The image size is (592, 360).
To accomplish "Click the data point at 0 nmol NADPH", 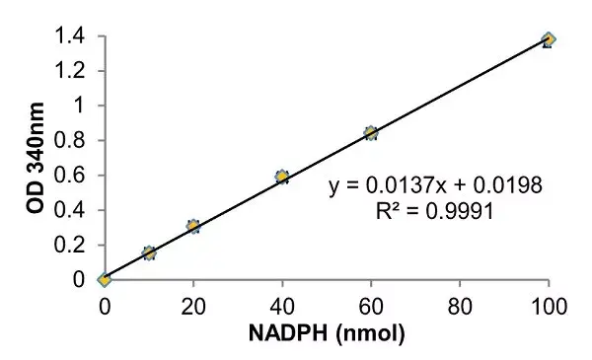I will click(104, 279).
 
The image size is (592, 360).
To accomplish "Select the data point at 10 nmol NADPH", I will click(149, 252).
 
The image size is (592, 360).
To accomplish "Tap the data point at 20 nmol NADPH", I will click(193, 226).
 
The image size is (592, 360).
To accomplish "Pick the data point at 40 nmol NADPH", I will click(282, 177).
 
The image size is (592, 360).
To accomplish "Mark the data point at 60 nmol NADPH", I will click(371, 132).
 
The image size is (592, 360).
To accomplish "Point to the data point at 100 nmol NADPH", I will click(549, 39).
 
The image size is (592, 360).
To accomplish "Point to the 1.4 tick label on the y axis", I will click(70, 36).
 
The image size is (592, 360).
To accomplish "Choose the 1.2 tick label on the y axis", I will click(70, 71).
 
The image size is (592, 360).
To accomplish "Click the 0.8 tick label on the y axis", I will click(70, 141).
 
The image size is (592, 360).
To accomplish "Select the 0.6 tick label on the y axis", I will click(70, 176).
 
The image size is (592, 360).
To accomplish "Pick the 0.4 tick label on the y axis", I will click(70, 210).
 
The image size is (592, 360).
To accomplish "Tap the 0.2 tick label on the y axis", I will click(70, 245).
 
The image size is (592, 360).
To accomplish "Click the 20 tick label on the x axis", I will click(193, 304).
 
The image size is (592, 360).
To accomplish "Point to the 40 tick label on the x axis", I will click(282, 304).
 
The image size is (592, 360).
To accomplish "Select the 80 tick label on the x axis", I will click(460, 304).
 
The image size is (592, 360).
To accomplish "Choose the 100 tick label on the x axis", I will click(549, 304).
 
